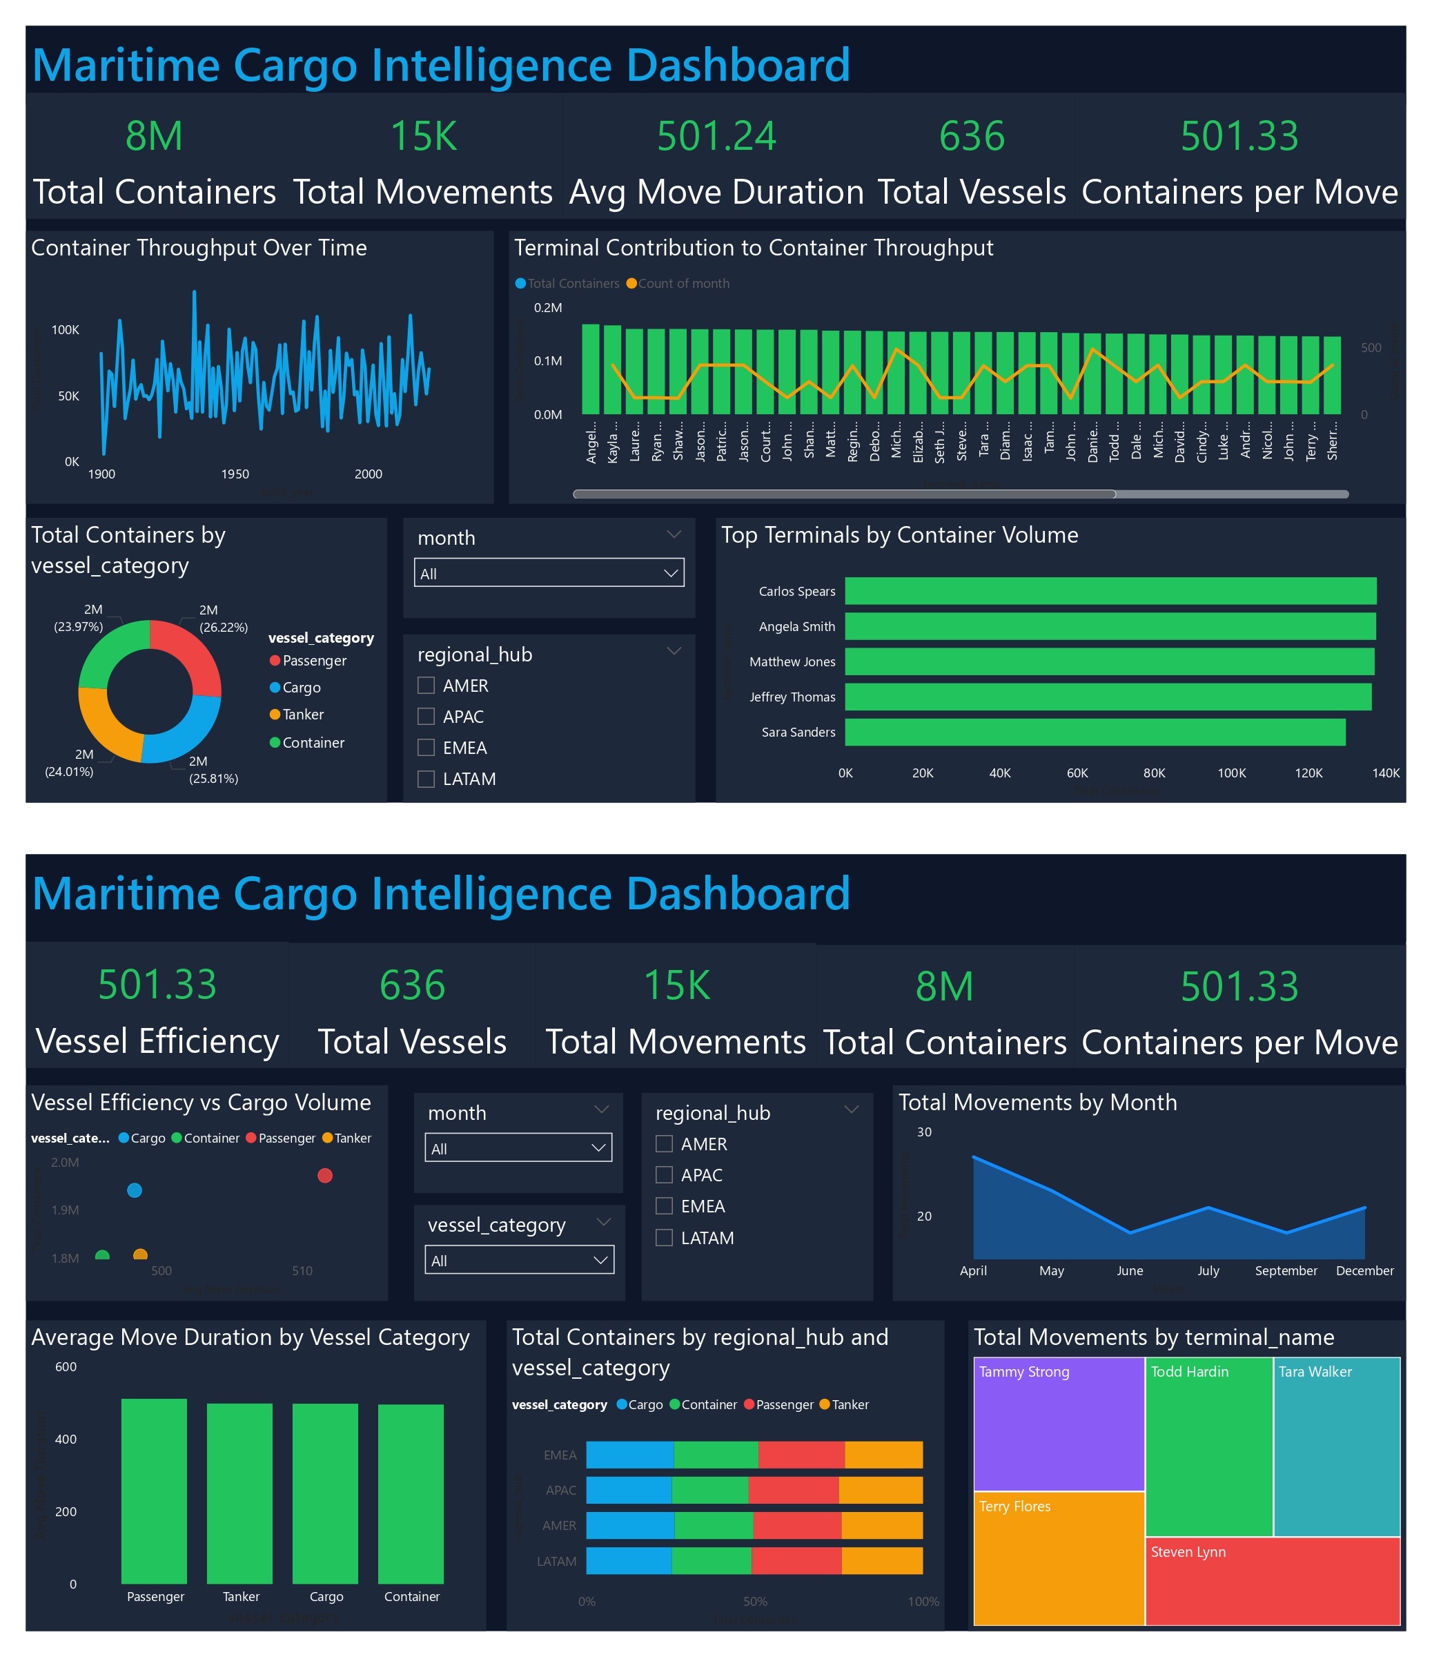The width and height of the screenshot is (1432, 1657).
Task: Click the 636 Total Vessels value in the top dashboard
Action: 971,136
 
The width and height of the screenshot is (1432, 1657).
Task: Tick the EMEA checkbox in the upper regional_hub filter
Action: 426,748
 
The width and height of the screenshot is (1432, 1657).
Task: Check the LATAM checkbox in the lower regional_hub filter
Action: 664,1237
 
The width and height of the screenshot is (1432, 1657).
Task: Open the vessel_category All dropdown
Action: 519,1259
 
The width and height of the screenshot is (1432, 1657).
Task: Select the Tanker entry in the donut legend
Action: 302,714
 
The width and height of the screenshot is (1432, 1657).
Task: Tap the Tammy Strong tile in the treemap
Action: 1058,1424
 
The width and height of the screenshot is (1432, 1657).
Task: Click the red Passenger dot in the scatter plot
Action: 324,1176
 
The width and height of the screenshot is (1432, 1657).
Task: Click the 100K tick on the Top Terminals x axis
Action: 1230,773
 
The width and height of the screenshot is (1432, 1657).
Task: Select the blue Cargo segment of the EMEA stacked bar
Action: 629,1455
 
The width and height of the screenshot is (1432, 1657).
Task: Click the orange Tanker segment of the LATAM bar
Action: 881,1560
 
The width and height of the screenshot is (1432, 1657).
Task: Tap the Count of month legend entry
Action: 682,283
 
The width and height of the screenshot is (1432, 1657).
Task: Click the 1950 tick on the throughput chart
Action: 235,474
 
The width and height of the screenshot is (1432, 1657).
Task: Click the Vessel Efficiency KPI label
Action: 157,1041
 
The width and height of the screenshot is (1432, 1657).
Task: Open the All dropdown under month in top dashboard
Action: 549,574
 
